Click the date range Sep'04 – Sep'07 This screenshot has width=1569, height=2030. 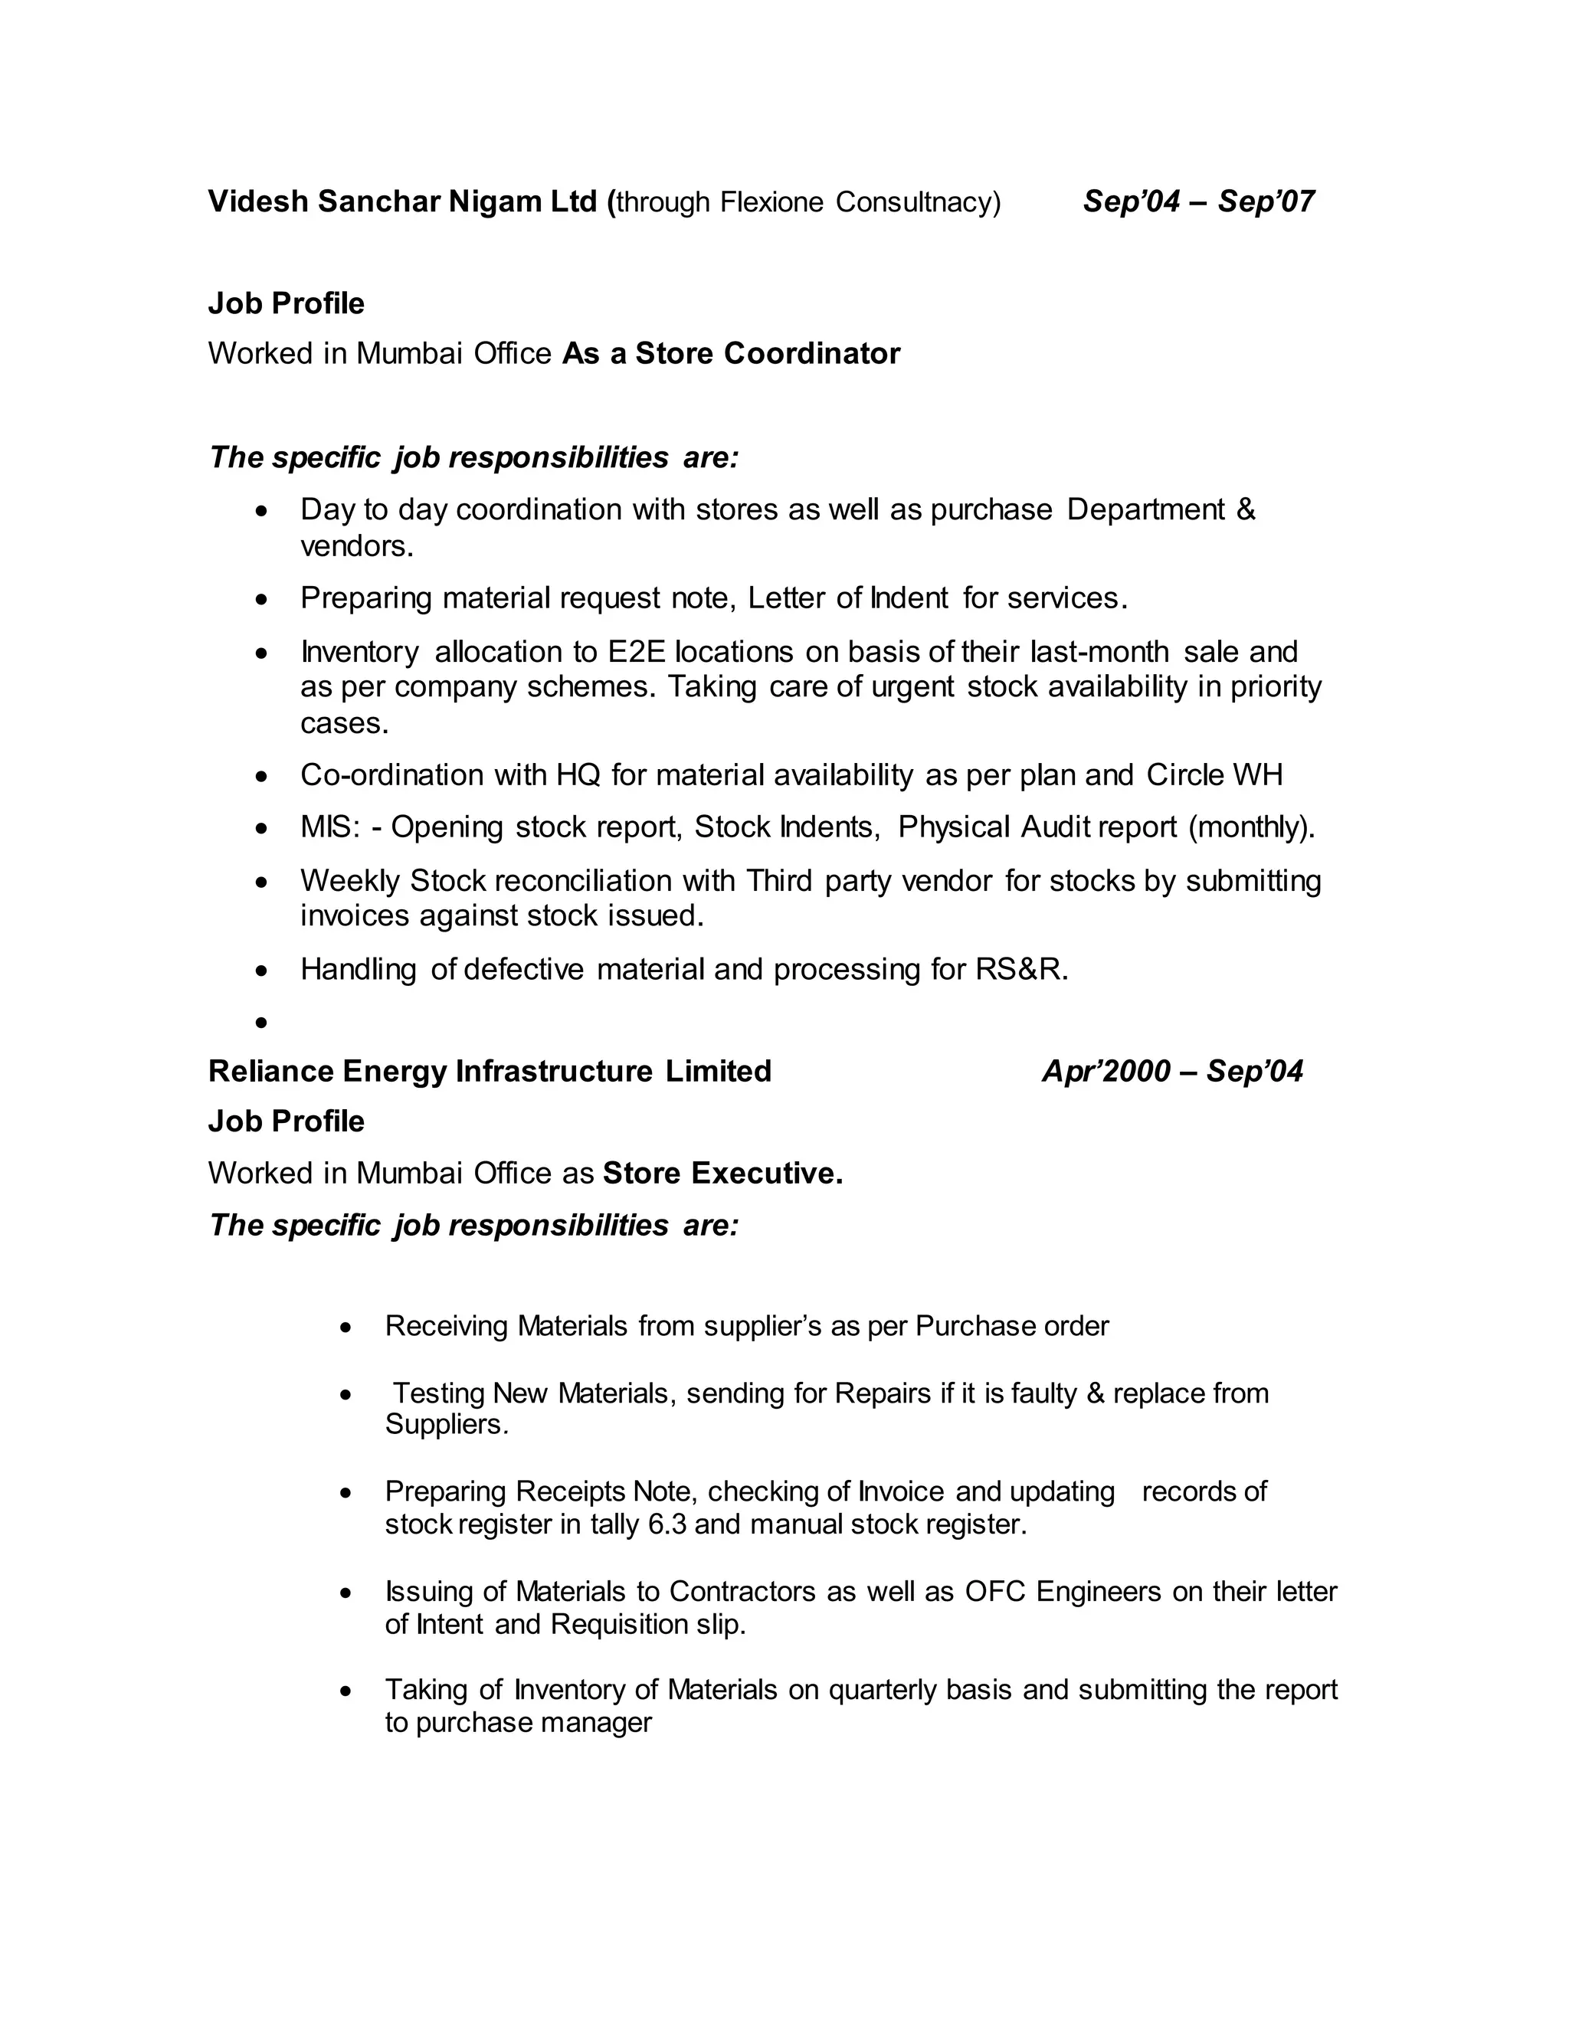coord(1198,201)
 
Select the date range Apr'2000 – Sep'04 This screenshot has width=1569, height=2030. coord(1172,1072)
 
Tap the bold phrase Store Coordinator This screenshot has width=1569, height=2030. coord(768,354)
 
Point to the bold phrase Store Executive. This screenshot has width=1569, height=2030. coord(722,1174)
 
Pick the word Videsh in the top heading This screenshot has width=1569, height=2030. coord(257,201)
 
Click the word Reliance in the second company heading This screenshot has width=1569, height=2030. coord(270,1072)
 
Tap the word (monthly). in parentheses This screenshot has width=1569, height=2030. coord(1251,827)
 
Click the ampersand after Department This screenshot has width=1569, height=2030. coord(1246,510)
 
